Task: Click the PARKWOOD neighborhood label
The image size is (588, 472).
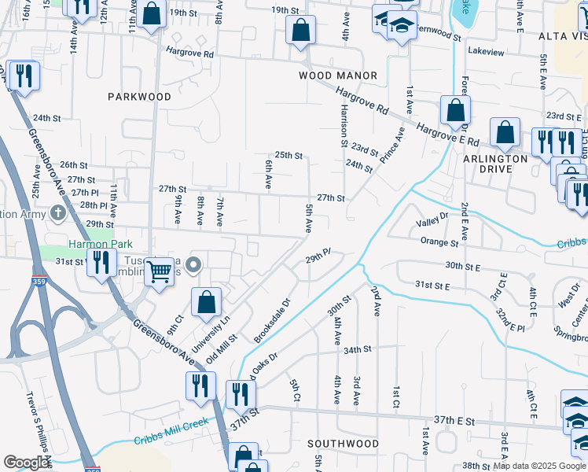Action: click(139, 97)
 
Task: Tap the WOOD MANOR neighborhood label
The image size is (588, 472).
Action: click(338, 76)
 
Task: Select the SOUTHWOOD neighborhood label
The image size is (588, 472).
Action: click(343, 444)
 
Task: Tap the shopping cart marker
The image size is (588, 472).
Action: click(160, 272)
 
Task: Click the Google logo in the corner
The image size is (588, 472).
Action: click(26, 463)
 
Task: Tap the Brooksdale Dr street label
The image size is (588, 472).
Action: click(272, 320)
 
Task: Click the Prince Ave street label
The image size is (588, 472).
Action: click(391, 146)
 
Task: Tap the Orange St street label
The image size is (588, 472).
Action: click(439, 242)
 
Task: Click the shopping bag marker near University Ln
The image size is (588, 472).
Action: click(206, 301)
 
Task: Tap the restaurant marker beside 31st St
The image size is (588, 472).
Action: click(100, 261)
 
